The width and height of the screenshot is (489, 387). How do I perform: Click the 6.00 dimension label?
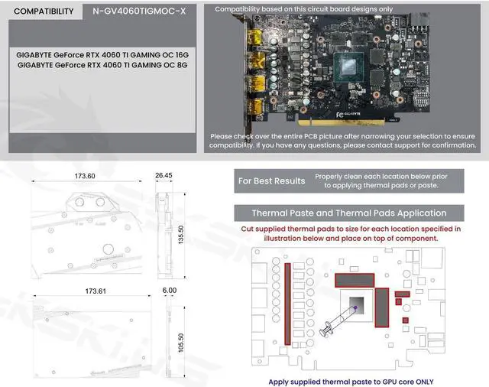pos(169,291)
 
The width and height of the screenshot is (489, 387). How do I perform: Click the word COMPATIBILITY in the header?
pos(44,11)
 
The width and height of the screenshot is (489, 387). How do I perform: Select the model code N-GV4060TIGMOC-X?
pos(138,11)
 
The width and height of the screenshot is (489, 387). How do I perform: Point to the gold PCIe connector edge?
pos(352,123)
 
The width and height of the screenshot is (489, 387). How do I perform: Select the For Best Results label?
pos(271,181)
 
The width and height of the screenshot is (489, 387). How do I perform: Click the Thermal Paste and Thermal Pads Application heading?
pos(349,213)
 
